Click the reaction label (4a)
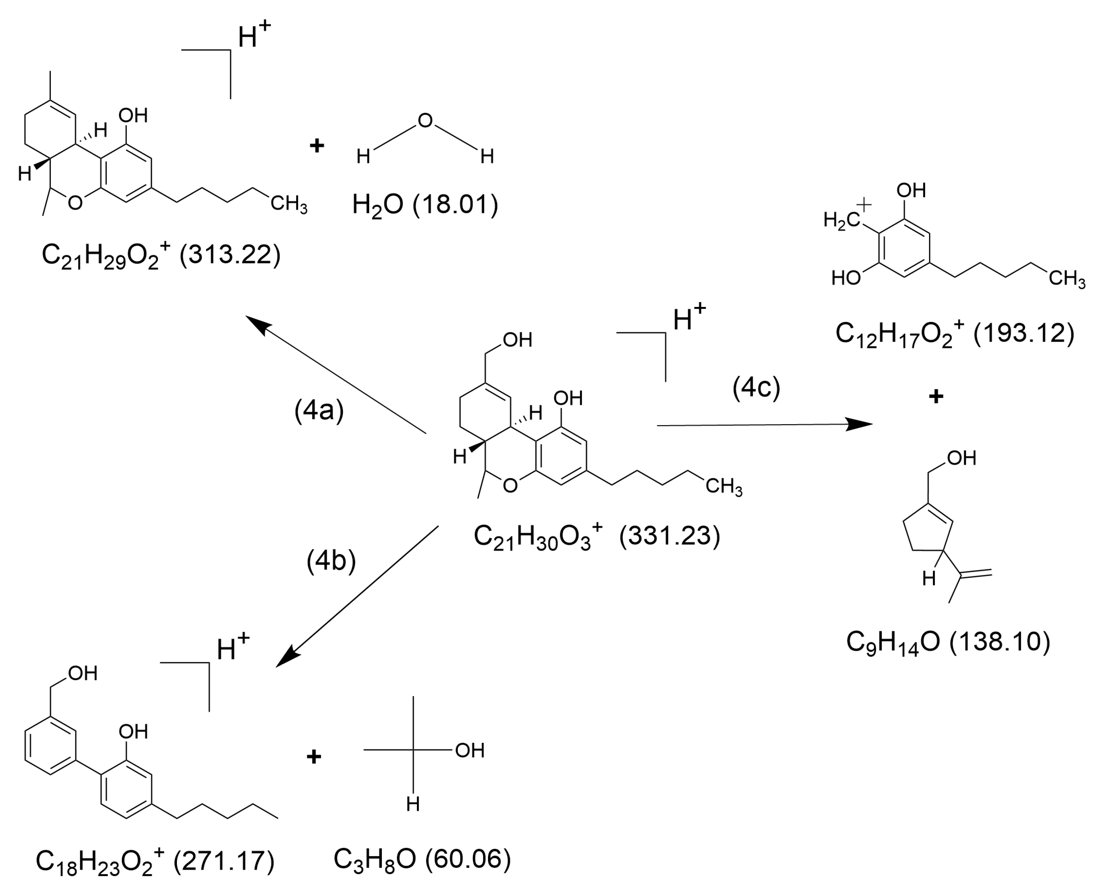tap(319, 411)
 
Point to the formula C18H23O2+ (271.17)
tap(154, 861)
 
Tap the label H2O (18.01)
tap(425, 205)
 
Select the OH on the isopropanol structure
tap(469, 750)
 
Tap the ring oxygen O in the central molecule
tap(510, 486)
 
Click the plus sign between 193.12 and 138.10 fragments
tap(936, 397)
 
